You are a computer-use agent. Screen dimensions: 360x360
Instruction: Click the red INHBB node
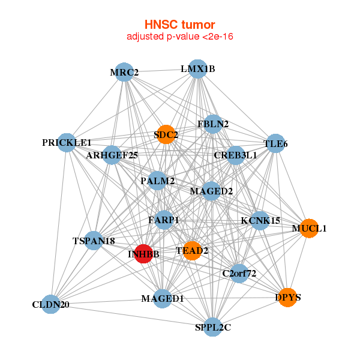pos(143,254)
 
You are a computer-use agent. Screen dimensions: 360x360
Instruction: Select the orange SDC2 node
pos(166,134)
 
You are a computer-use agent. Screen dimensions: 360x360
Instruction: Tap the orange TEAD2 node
pos(191,250)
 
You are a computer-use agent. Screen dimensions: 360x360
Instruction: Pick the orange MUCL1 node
pos(309,228)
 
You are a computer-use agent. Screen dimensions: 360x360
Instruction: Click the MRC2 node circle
pos(124,73)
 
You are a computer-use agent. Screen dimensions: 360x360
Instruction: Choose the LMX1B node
pos(197,68)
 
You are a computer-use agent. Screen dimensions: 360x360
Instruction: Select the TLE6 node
pos(275,143)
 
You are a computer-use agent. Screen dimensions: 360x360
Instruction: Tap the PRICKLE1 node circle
pos(67,143)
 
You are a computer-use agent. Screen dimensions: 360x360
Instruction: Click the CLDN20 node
pos(51,305)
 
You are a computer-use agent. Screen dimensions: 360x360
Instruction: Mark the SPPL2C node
pos(212,327)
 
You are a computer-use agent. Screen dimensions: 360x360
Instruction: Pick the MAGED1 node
pos(163,298)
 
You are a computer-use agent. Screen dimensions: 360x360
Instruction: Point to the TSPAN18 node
pos(94,241)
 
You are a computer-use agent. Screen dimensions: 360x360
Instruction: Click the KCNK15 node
pos(260,220)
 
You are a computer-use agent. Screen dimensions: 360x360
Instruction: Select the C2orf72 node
pos(239,274)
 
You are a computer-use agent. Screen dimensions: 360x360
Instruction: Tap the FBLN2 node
pos(213,124)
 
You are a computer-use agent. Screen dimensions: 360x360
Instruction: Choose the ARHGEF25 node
pos(112,155)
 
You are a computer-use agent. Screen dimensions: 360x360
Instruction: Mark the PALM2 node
pos(157,181)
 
